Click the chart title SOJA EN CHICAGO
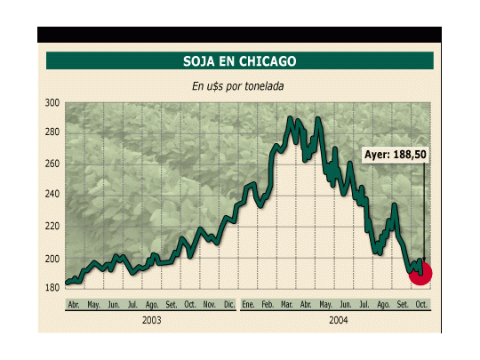pos(240,61)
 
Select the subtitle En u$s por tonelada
pos(238,86)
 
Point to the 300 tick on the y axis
pos(52,103)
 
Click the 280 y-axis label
pos(52,132)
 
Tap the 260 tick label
pos(52,164)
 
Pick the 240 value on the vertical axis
pos(52,194)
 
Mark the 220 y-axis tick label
pos(52,227)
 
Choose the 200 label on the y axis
pos(52,259)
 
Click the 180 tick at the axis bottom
pos(52,288)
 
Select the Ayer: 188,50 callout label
pos(396,155)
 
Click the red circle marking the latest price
pos(420,274)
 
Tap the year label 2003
pos(151,320)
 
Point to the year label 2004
pos(339,320)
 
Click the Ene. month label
pos(248,304)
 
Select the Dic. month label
pos(229,304)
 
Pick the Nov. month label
pos(210,304)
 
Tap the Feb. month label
pos(268,304)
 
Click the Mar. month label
pos(286,304)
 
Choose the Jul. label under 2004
pos(364,304)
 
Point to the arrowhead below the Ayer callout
pos(424,260)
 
